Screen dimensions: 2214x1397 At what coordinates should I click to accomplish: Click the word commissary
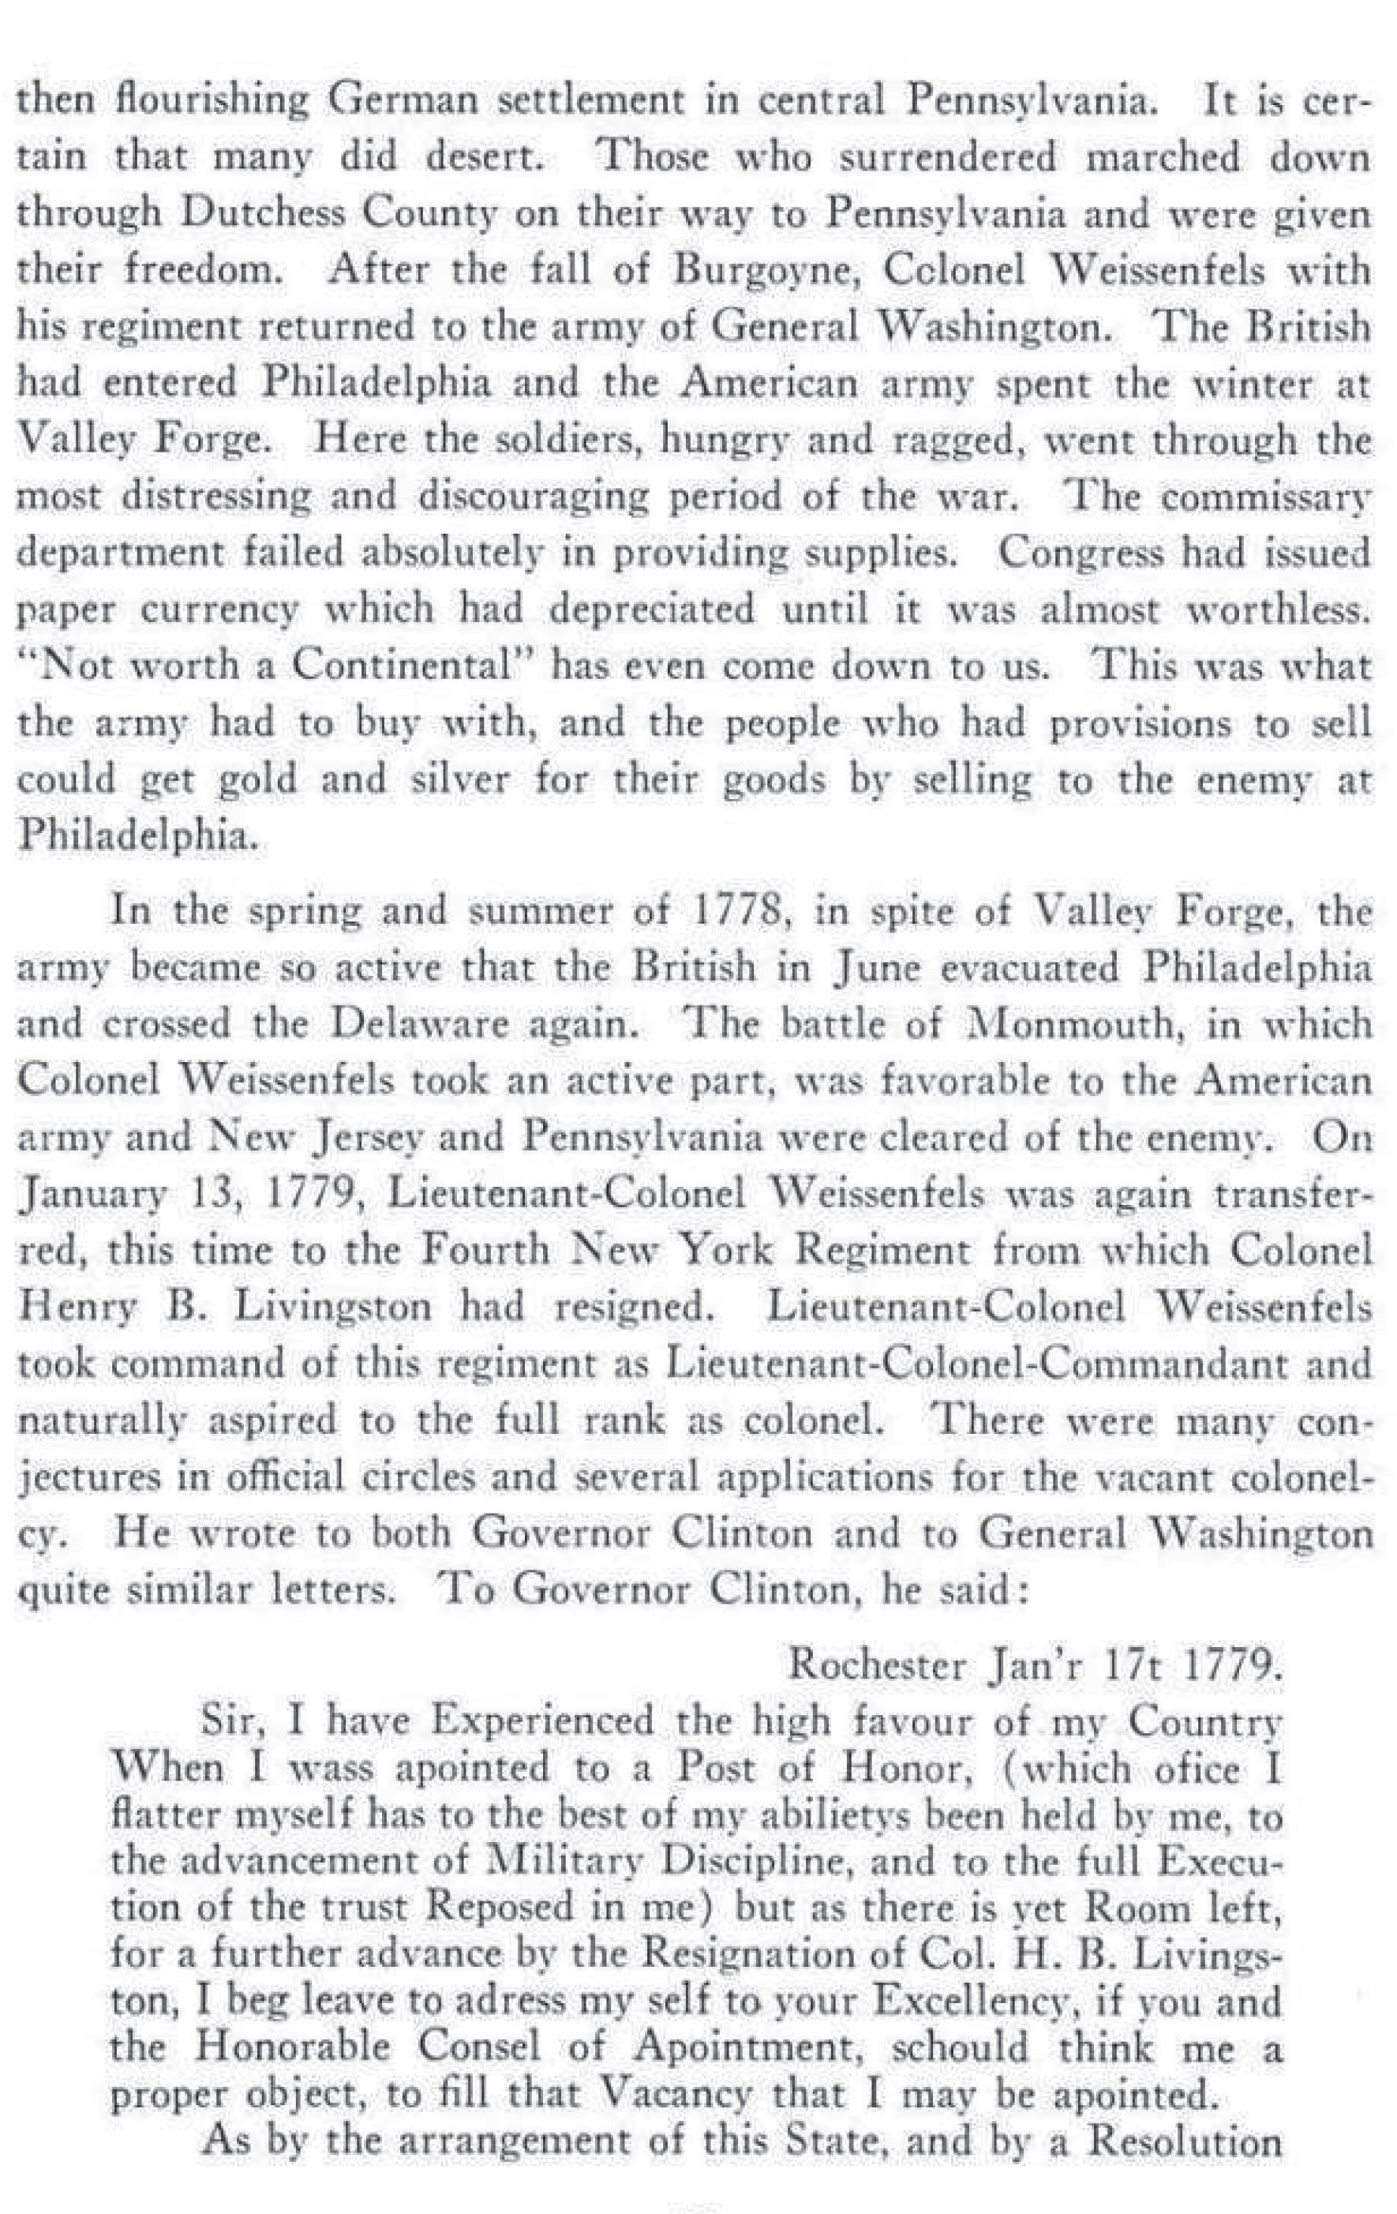[1264, 497]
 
